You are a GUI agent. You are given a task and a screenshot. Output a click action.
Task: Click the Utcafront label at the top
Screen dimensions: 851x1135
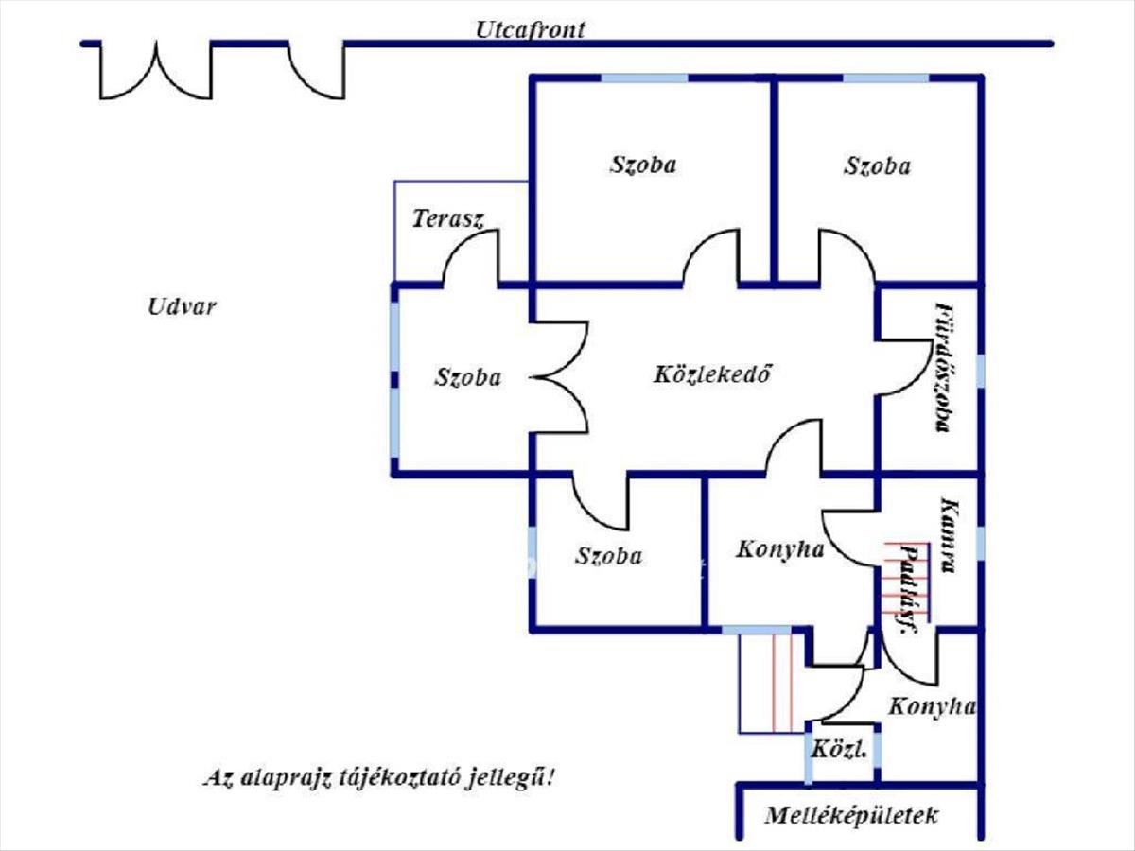[530, 29]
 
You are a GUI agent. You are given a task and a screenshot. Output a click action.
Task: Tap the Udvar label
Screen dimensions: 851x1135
[182, 306]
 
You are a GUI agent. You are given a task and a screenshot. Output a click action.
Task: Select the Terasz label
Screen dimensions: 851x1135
[448, 219]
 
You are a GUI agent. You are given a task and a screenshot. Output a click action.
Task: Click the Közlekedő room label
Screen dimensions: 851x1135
[707, 374]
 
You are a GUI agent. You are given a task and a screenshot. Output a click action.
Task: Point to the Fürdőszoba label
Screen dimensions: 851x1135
[942, 367]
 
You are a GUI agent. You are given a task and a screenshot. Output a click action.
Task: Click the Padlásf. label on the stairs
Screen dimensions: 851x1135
[910, 589]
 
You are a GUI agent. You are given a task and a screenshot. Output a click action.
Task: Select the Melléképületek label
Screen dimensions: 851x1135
[851, 815]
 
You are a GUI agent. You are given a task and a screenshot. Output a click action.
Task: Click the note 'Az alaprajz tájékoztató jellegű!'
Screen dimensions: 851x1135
[378, 778]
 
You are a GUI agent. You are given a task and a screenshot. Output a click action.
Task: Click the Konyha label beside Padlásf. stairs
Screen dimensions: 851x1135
[779, 548]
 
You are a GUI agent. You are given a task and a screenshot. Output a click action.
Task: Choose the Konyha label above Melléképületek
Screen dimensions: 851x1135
[933, 705]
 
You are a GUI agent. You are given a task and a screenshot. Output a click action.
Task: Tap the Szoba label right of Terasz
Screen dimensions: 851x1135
[643, 165]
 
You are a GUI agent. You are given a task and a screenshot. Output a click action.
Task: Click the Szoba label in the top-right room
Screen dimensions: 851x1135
[877, 166]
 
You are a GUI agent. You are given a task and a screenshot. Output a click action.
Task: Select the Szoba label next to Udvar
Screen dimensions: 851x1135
[468, 377]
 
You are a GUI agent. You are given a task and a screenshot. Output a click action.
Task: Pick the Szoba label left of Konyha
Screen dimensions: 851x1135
[608, 556]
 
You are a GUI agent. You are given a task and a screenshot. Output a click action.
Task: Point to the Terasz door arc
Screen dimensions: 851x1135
[470, 257]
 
